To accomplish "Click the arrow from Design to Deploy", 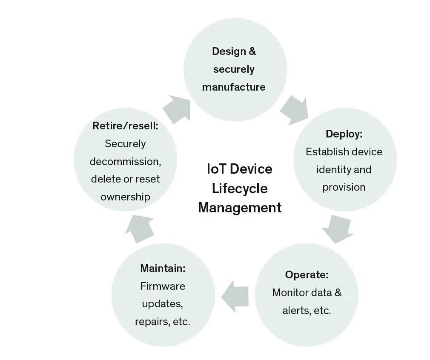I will [x=295, y=110].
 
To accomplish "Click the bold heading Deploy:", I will [x=344, y=134].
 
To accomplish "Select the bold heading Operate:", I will [x=307, y=274].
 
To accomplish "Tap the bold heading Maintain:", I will [x=163, y=269].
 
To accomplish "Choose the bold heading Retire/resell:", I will [x=125, y=126].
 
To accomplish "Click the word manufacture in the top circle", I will [x=234, y=87].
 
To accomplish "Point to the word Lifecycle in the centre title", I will [x=240, y=188].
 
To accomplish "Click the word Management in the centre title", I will [x=240, y=208].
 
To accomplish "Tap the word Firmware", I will [x=163, y=286].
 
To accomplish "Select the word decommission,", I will [x=125, y=162].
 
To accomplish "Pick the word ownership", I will [x=125, y=197].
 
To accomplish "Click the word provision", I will [x=344, y=187].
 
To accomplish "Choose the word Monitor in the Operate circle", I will [x=288, y=293].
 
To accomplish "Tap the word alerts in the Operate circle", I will [x=295, y=311].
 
